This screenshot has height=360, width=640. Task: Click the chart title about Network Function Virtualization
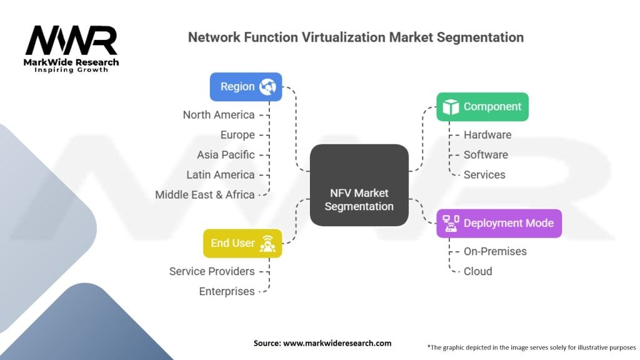coord(356,37)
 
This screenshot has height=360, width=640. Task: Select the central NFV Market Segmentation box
coord(359,199)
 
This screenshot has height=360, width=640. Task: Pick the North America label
coord(218,115)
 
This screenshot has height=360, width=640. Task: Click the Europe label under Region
coord(237,135)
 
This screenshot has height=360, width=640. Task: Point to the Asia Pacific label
coord(226,155)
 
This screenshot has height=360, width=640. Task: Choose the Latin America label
coord(220,175)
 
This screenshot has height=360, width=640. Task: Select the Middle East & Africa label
coord(204,195)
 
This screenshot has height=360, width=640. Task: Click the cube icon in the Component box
coord(450,107)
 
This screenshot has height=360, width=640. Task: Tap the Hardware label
coord(487,135)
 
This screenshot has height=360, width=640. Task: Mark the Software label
coord(485,155)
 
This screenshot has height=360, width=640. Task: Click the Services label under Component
coord(485,175)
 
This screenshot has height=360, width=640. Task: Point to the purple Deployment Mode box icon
coord(451,223)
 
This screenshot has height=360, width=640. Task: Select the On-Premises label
coord(495,251)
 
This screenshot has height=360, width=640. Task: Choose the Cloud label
coord(477,271)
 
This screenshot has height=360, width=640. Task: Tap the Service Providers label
coord(212,271)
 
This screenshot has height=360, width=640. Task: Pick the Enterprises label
coord(227,291)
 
